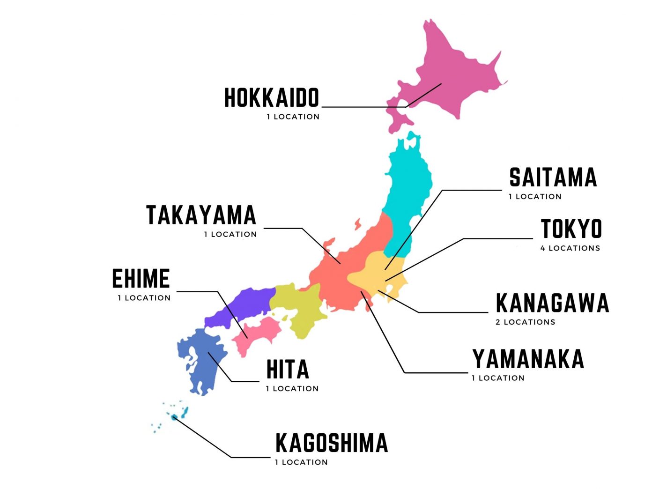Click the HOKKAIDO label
click(272, 98)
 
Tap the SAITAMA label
click(553, 178)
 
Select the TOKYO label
click(571, 229)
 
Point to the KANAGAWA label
click(552, 303)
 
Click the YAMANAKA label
click(528, 359)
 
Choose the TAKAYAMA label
click(201, 215)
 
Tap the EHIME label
click(141, 279)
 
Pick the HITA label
click(288, 370)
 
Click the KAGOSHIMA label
click(332, 443)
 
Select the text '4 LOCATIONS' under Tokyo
click(570, 248)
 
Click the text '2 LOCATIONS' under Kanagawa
click(526, 322)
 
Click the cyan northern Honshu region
click(407, 187)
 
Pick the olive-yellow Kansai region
click(300, 309)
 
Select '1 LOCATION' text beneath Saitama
click(535, 197)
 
